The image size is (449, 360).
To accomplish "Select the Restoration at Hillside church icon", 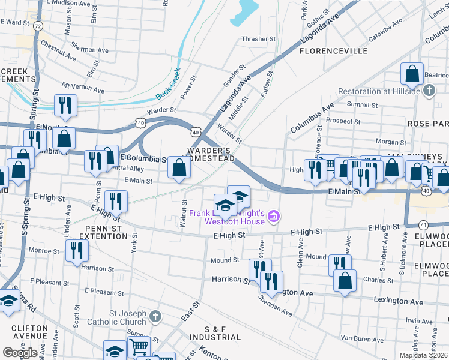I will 429,91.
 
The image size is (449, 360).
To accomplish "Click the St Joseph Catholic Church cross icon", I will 155,315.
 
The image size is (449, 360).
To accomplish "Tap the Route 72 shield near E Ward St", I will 38,26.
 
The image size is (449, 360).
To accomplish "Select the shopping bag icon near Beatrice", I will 413,75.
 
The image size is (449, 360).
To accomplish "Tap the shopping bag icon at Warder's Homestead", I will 179,168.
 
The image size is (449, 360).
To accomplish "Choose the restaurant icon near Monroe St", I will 76,251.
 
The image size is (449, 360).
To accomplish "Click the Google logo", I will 20,353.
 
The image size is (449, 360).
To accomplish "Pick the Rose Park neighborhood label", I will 427,123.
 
